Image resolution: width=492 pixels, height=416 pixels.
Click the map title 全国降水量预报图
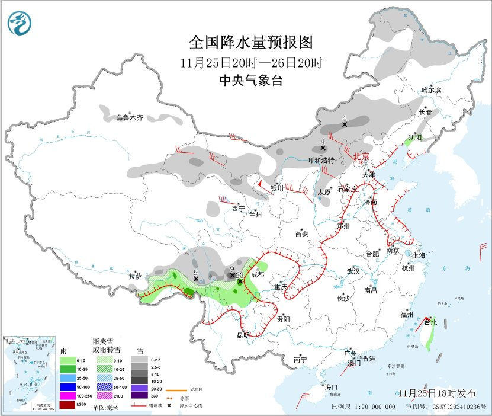[x=250, y=43]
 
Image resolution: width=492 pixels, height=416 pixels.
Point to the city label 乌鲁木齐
[x=129, y=118]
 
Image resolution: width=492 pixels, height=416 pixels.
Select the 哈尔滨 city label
[x=431, y=90]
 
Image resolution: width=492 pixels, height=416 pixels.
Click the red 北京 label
[x=361, y=156]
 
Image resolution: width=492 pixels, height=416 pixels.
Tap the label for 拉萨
[x=136, y=276]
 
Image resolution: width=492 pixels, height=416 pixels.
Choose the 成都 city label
[x=258, y=274]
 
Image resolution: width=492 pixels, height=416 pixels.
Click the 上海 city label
[x=420, y=256]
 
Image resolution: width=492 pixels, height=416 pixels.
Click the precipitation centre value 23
[x=240, y=276]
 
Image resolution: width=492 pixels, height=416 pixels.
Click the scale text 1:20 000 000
[x=377, y=407]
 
